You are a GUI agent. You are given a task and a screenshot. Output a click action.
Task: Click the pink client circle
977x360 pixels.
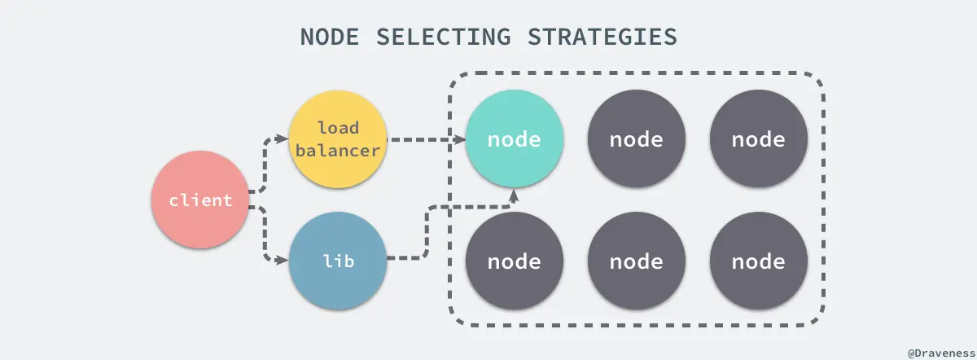199,200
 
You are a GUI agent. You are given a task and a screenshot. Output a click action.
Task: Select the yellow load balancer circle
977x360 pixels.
338,138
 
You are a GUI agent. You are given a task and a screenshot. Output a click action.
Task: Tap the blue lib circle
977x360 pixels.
338,261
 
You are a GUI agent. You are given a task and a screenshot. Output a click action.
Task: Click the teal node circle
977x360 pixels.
514,138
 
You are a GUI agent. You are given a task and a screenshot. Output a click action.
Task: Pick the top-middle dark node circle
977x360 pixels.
637,138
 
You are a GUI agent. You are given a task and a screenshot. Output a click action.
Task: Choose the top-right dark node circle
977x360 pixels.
759,138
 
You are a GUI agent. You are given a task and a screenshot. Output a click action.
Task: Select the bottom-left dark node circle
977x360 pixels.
514,261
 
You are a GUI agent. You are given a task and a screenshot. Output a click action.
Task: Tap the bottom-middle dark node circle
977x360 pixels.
637,261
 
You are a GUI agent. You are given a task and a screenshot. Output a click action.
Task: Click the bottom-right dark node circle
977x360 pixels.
759,261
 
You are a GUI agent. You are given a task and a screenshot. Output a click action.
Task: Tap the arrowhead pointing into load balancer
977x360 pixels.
283,139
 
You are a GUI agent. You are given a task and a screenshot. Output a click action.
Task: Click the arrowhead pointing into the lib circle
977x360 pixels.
283,261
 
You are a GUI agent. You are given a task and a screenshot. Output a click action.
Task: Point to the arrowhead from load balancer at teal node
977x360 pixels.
458,139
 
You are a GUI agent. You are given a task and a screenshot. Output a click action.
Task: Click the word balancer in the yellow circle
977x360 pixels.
338,150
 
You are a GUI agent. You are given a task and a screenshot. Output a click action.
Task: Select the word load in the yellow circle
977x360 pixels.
338,128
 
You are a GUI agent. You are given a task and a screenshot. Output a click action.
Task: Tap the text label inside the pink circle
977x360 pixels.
199,200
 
